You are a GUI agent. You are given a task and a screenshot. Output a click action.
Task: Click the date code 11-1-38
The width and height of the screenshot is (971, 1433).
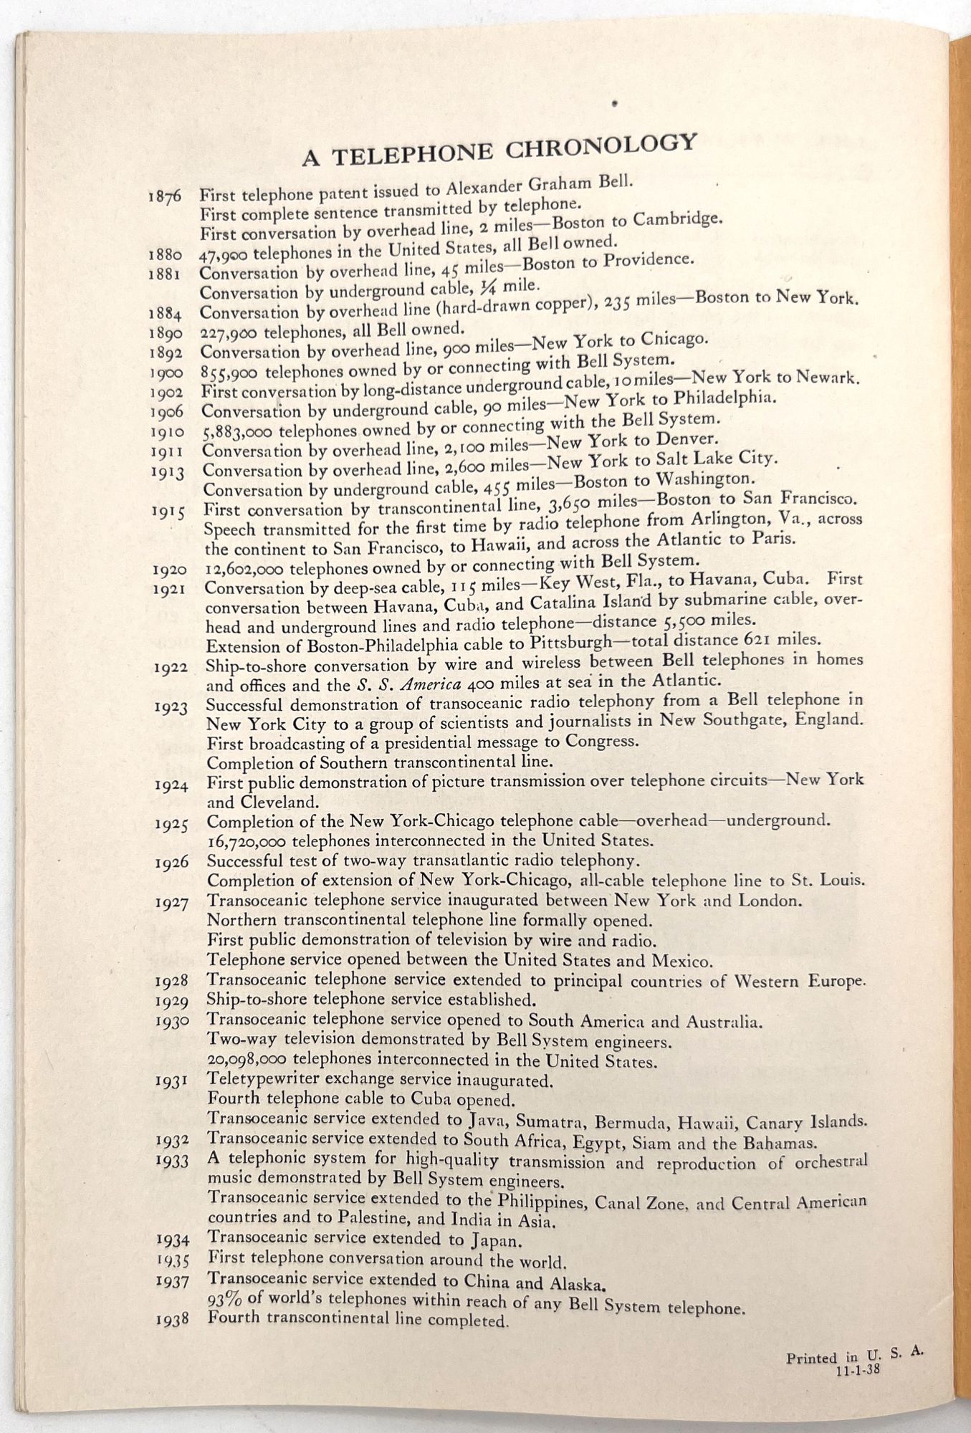856,1371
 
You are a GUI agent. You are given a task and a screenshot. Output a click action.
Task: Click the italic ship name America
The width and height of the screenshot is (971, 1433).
415,683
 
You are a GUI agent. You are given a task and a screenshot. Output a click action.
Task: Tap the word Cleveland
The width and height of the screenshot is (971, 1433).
266,803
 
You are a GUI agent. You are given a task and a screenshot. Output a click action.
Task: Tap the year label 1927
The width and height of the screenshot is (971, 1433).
172,904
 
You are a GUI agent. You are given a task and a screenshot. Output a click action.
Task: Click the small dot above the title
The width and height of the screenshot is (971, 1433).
614,103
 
